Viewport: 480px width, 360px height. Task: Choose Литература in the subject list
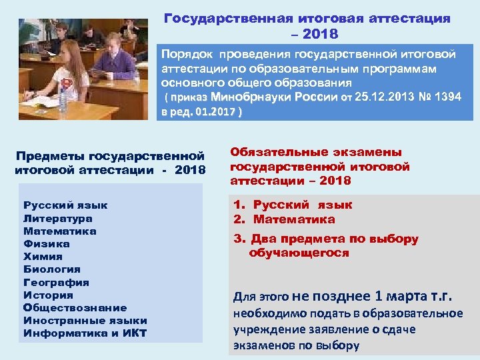click(58, 218)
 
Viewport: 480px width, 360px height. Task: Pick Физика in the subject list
click(47, 244)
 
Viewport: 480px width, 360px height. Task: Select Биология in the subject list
click(52, 269)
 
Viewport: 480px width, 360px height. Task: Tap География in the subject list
click(56, 282)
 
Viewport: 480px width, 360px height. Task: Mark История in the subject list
click(48, 295)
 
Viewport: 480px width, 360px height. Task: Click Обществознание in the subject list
click(75, 307)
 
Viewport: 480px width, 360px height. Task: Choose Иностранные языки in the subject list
click(85, 320)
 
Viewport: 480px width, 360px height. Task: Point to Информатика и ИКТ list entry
click(85, 333)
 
